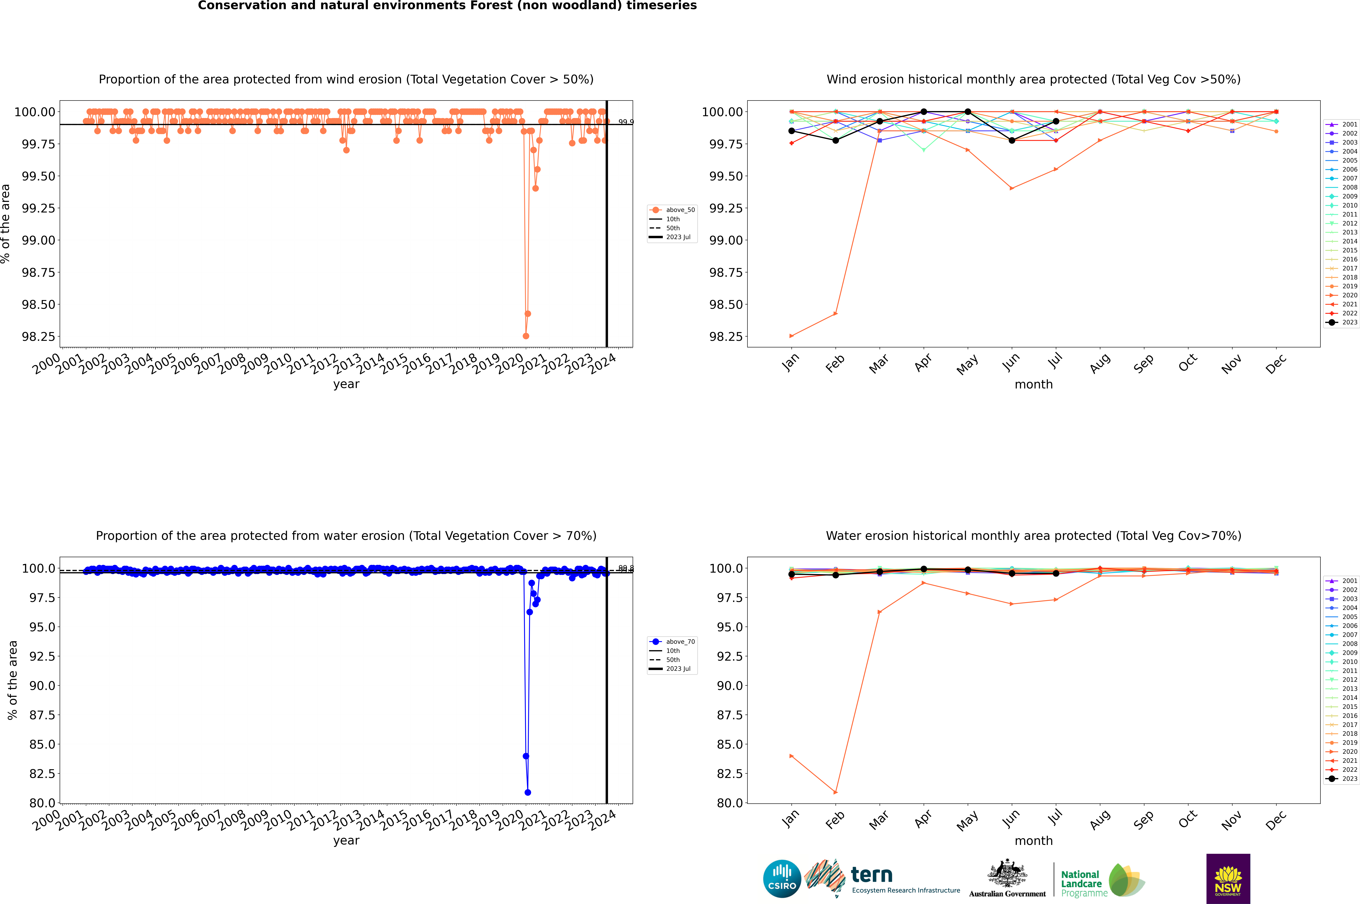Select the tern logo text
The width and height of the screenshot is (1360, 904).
pos(872,875)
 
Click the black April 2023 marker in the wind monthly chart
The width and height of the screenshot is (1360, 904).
pos(924,112)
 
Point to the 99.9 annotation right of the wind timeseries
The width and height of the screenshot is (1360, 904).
pos(625,122)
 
